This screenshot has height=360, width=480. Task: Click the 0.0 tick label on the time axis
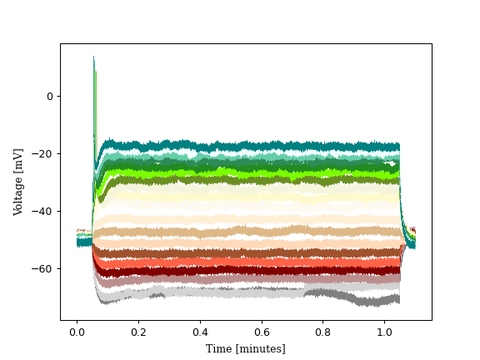click(77, 331)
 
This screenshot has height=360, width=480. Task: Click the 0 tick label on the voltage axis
click(48, 97)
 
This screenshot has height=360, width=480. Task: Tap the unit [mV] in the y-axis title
click(18, 158)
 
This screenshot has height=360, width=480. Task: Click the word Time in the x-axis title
click(219, 348)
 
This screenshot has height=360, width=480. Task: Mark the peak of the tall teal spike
click(93, 57)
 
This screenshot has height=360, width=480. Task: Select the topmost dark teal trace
click(250, 147)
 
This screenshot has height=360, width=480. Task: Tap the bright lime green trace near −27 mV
click(250, 173)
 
